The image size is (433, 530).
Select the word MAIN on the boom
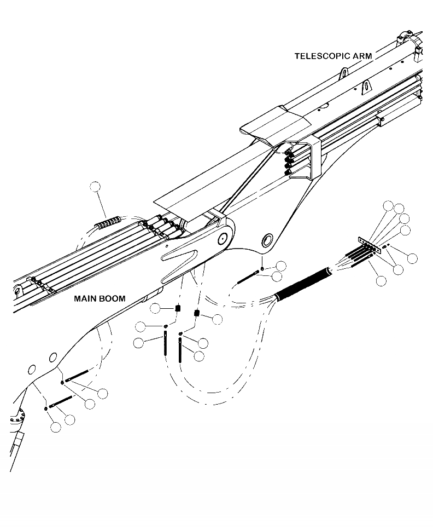86,299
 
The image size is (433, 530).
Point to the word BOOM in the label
113,299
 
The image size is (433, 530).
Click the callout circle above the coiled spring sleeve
96,187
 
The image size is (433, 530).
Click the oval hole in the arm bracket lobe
268,240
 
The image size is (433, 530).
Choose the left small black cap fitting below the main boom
178,309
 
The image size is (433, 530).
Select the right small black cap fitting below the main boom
197,314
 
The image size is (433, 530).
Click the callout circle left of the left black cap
155,309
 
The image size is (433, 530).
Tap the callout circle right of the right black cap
217,319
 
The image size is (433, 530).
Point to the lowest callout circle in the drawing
56,428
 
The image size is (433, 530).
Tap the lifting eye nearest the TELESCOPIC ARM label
344,73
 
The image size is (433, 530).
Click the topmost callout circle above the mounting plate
388,206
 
